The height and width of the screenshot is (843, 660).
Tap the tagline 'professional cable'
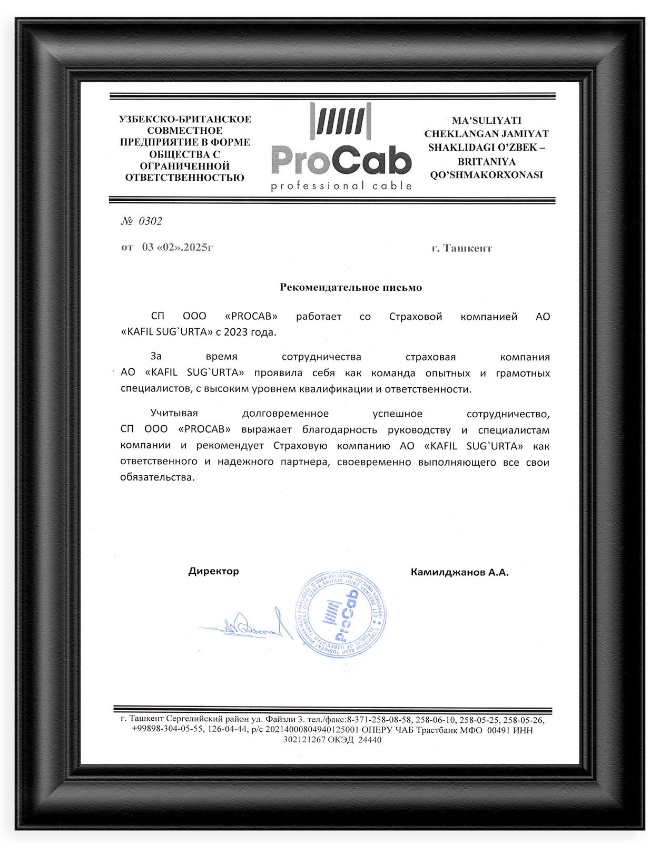[x=341, y=186]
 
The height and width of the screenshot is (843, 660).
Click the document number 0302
[x=150, y=221]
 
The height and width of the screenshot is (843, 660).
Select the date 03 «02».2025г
[x=177, y=247]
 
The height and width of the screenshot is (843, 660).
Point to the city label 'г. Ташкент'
[x=461, y=248]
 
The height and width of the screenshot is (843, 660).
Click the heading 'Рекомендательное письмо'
[x=351, y=288]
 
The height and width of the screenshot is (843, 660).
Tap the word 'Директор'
[x=213, y=571]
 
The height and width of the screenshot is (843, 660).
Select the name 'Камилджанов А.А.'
[x=459, y=572]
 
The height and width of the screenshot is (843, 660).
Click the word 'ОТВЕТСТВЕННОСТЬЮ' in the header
[x=185, y=178]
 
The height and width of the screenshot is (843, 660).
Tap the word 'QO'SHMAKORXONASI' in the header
[x=486, y=175]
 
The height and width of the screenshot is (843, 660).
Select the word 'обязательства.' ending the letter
[x=158, y=478]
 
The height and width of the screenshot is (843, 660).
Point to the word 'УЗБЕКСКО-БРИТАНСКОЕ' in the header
[x=185, y=119]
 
